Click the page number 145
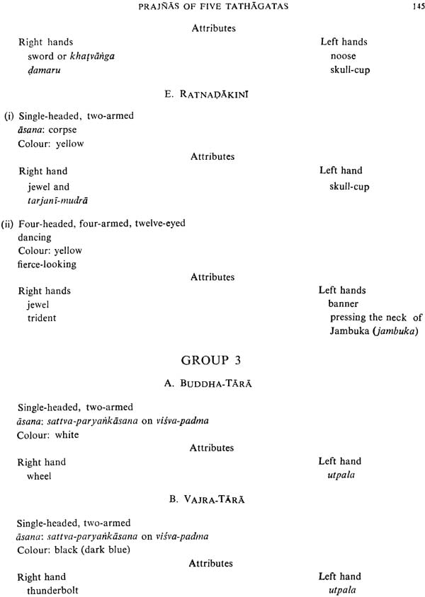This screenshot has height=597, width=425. click(x=419, y=6)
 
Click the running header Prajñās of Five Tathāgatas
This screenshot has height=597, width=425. click(x=213, y=6)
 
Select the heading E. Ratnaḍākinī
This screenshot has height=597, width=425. click(x=207, y=93)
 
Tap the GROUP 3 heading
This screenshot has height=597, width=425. click(x=211, y=360)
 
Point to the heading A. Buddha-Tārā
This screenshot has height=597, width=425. click(x=208, y=383)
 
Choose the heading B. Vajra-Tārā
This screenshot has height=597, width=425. click(x=207, y=499)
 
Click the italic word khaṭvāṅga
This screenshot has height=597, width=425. click(x=92, y=57)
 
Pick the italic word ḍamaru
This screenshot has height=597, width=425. click(x=44, y=70)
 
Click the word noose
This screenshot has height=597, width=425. click(x=344, y=57)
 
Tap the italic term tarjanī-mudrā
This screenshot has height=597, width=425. click(x=57, y=201)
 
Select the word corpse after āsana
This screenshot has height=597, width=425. click(x=62, y=130)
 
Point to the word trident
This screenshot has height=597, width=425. click(x=42, y=318)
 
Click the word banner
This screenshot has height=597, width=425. click(x=344, y=304)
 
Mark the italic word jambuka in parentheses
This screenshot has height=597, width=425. click(x=395, y=331)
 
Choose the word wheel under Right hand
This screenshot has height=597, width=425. click(x=39, y=476)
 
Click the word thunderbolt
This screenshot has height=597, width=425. click(x=52, y=591)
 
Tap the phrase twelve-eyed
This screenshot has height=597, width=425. click(x=160, y=223)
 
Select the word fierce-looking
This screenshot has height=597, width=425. click(x=47, y=265)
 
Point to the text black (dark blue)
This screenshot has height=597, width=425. click(x=92, y=550)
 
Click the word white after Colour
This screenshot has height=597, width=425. click(x=67, y=435)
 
